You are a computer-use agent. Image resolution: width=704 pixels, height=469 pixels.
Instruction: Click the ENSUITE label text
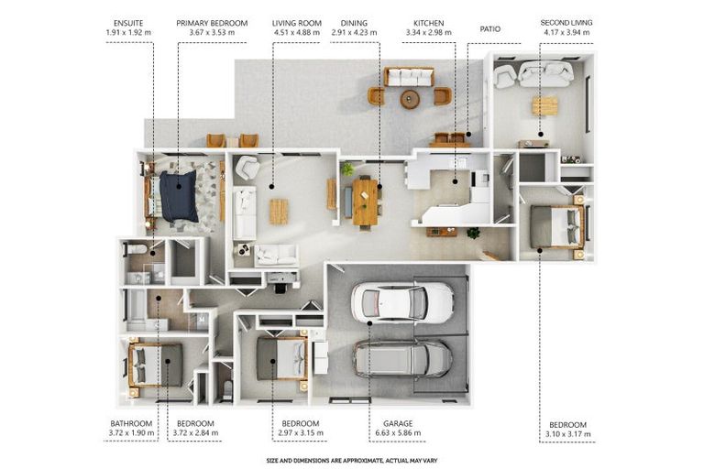coord(128,23)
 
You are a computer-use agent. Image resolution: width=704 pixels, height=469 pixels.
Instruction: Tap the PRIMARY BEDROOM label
coord(212,23)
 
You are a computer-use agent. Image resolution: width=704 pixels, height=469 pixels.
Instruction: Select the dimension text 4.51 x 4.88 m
coord(297,33)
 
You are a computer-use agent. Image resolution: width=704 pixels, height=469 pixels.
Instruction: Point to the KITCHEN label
coord(429,23)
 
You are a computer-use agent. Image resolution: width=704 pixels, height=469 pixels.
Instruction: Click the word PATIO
coord(490,29)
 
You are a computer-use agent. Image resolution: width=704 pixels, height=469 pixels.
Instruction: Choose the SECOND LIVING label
coord(566,22)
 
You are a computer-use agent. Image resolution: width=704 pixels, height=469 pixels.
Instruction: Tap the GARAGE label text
coord(398,424)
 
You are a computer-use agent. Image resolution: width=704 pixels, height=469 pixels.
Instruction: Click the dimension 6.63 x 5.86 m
coord(398,433)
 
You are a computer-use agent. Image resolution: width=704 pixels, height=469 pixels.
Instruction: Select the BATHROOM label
coord(131,424)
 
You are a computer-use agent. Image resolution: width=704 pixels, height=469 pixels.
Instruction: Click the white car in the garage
coord(402,302)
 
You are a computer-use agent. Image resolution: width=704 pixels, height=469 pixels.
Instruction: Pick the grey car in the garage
coord(402,358)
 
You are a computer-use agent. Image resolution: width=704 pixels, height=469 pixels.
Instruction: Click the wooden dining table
coord(366,202)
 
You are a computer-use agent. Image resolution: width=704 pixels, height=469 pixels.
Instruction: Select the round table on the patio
coord(410,99)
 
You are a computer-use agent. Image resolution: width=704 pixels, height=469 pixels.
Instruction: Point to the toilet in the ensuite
coord(136,248)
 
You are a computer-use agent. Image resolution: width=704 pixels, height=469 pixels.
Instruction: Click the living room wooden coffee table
coord(279,212)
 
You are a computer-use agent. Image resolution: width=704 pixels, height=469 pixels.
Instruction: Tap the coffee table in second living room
coord(545,106)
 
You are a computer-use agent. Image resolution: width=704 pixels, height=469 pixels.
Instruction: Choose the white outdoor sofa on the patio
coord(409,77)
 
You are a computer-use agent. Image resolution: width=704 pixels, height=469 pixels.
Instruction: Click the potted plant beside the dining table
coord(347,169)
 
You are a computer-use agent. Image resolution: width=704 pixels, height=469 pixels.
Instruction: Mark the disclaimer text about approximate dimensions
coord(352,461)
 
